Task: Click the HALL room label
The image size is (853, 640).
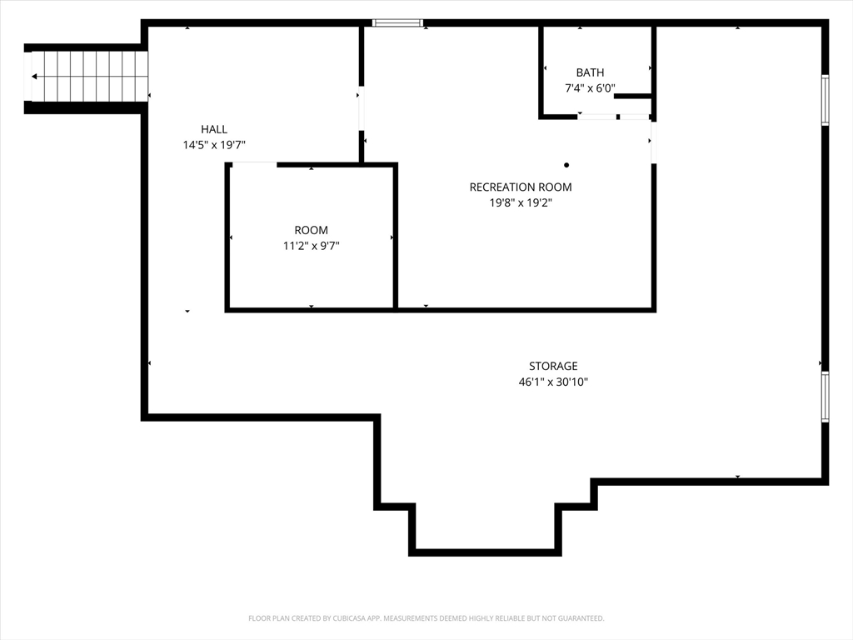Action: tap(214, 129)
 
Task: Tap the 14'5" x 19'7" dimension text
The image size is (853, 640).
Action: tap(214, 145)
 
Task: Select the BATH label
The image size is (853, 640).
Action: tap(591, 72)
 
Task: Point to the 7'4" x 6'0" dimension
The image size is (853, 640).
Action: tap(591, 88)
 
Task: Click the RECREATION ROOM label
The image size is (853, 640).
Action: tap(521, 187)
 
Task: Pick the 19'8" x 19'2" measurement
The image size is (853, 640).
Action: tap(521, 203)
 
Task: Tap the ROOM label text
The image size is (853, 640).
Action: tap(312, 230)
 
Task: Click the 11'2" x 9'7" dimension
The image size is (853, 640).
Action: tap(312, 246)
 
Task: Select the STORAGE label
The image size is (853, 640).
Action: tap(553, 367)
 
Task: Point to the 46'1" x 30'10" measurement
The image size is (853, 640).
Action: tap(553, 382)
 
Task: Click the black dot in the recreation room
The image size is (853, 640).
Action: tap(566, 165)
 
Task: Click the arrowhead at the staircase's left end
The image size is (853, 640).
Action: tap(34, 77)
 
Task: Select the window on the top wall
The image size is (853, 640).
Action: tap(397, 22)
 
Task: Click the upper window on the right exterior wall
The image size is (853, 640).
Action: tap(825, 100)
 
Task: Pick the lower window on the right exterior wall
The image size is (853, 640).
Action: tap(825, 397)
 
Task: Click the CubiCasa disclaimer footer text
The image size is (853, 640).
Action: tap(426, 618)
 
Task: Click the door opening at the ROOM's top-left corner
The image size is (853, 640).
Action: tap(255, 164)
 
